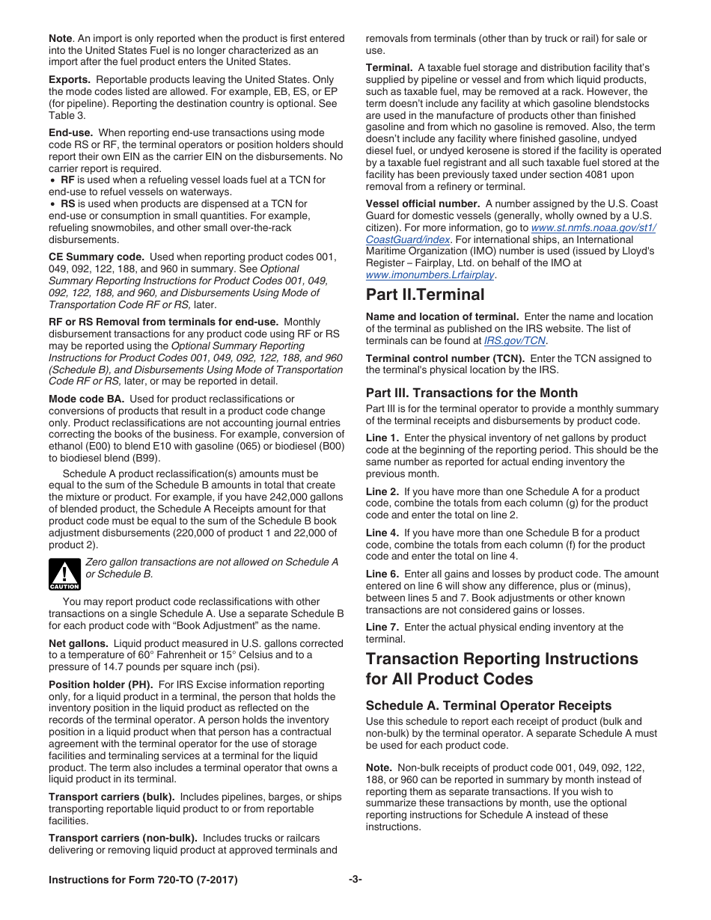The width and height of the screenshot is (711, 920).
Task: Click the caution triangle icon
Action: click(64, 574)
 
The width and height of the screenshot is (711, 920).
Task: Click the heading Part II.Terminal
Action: click(424, 294)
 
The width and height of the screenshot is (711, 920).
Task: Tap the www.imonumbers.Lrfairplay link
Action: click(430, 275)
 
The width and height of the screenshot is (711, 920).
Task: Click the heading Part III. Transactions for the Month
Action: click(472, 393)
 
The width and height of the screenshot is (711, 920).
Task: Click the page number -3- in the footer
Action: click(355, 880)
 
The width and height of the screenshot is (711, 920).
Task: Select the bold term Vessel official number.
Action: click(423, 203)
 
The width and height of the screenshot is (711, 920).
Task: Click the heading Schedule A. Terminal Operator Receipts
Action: click(488, 705)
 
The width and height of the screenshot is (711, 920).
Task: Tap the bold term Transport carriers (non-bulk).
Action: click(123, 838)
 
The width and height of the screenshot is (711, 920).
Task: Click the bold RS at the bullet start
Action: click(67, 203)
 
